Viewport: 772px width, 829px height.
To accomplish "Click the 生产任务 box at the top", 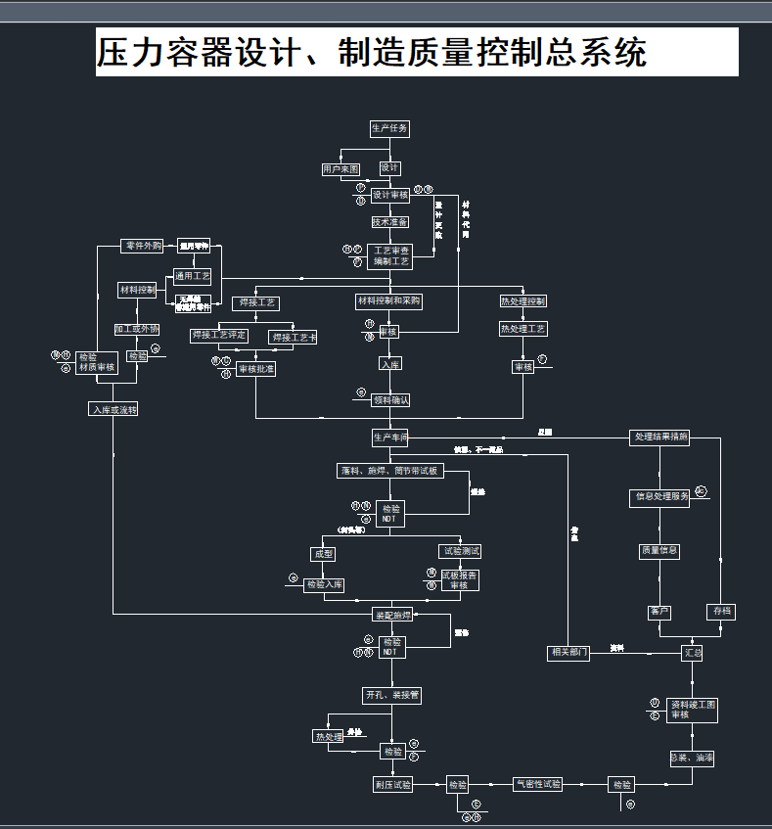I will pyautogui.click(x=389, y=128).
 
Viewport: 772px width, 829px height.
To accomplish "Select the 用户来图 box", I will pyautogui.click(x=341, y=169).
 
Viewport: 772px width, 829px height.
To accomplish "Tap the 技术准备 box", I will pyautogui.click(x=389, y=222).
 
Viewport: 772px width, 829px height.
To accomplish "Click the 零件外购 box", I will pyautogui.click(x=144, y=246).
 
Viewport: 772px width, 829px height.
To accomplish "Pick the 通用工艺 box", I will pyautogui.click(x=193, y=276).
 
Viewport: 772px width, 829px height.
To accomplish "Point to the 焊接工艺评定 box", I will pyautogui.click(x=219, y=336).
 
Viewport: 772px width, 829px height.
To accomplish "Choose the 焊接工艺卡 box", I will pyautogui.click(x=294, y=338).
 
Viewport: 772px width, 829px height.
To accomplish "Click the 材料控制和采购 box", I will pyautogui.click(x=388, y=301).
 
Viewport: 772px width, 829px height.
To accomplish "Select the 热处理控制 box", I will pyautogui.click(x=523, y=301).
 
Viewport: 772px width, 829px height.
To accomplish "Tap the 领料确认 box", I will pyautogui.click(x=390, y=399).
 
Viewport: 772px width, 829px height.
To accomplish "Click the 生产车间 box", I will pyautogui.click(x=389, y=437).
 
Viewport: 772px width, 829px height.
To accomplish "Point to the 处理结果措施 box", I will pyautogui.click(x=660, y=438).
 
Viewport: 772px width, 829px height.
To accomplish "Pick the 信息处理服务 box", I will pyautogui.click(x=659, y=496).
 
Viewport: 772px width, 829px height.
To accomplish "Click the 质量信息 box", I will pyautogui.click(x=659, y=551).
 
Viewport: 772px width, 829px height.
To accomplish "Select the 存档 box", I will pyautogui.click(x=721, y=612).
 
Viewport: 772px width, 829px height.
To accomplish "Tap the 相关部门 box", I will pyautogui.click(x=568, y=653).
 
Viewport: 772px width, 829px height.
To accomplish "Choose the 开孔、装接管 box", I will pyautogui.click(x=391, y=696).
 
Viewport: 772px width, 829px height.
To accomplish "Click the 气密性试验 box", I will pyautogui.click(x=538, y=784).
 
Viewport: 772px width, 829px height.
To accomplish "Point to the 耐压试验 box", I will pyautogui.click(x=392, y=785).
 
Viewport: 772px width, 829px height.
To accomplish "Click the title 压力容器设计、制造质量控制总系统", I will pyautogui.click(x=372, y=52).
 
